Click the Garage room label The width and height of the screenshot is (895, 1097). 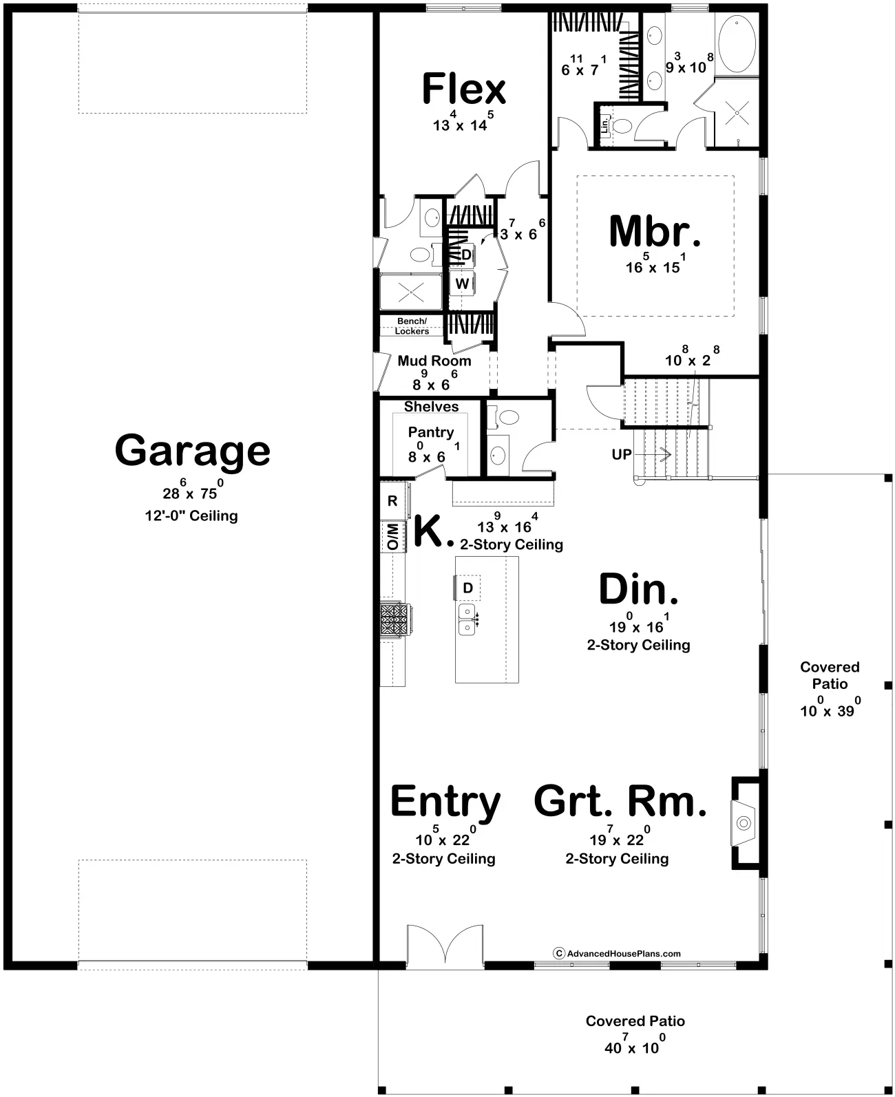(x=193, y=451)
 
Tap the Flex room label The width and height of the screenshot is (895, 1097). (x=463, y=88)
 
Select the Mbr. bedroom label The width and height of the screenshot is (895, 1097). (x=655, y=231)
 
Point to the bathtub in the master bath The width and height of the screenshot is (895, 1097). (x=737, y=43)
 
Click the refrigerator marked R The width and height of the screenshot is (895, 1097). (x=393, y=500)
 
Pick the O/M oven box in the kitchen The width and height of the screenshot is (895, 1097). (x=393, y=536)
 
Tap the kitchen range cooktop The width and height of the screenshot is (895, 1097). (x=395, y=619)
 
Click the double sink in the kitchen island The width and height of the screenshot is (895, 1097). (x=467, y=619)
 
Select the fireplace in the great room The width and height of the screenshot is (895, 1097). (x=746, y=823)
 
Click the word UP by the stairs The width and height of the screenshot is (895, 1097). (x=621, y=455)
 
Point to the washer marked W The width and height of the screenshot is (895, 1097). (x=462, y=284)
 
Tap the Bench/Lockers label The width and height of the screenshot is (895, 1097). (x=412, y=326)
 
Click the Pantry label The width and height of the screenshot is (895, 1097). (x=431, y=432)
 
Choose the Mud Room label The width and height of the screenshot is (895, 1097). (x=434, y=361)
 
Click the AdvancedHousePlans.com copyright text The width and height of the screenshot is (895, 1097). (x=617, y=953)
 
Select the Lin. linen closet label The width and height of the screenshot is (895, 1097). (x=604, y=125)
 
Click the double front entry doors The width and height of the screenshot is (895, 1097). (x=445, y=946)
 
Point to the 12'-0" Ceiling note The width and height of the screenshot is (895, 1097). (x=191, y=516)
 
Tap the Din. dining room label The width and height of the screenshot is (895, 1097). (x=638, y=589)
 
